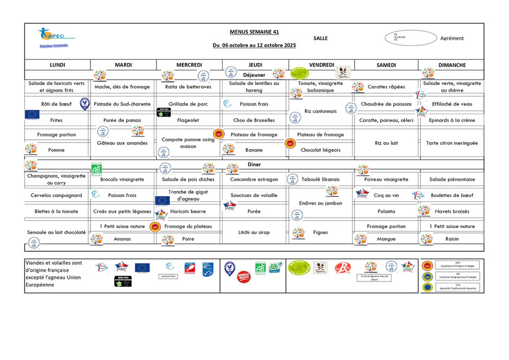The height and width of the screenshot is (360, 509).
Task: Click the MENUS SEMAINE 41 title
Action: [x=254, y=32]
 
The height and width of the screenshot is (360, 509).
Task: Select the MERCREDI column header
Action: [x=189, y=65]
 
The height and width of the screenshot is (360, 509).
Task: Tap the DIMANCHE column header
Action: [x=452, y=65]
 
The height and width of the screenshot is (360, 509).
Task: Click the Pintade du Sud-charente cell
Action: [x=123, y=104]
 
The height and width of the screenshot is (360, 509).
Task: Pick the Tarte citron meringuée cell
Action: [x=452, y=143]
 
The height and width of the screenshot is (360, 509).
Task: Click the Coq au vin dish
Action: [x=386, y=195]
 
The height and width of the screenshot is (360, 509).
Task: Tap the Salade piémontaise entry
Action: [x=452, y=179]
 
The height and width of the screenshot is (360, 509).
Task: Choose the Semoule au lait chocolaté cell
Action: [x=57, y=232]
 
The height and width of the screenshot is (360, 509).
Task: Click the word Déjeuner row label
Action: [x=254, y=75]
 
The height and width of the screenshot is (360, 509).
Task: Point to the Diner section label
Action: [x=254, y=164]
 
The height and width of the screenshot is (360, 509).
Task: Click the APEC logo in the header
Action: [x=54, y=36]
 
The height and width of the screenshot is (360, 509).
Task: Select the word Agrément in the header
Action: [x=452, y=38]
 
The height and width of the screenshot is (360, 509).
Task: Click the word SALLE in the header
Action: [x=320, y=38]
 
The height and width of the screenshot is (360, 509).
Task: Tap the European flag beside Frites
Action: [x=32, y=114]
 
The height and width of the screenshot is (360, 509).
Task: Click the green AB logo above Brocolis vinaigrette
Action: [x=96, y=168]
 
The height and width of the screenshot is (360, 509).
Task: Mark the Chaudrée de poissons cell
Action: [x=386, y=104]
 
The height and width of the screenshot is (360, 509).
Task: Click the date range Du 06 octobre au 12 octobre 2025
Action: [x=254, y=45]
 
